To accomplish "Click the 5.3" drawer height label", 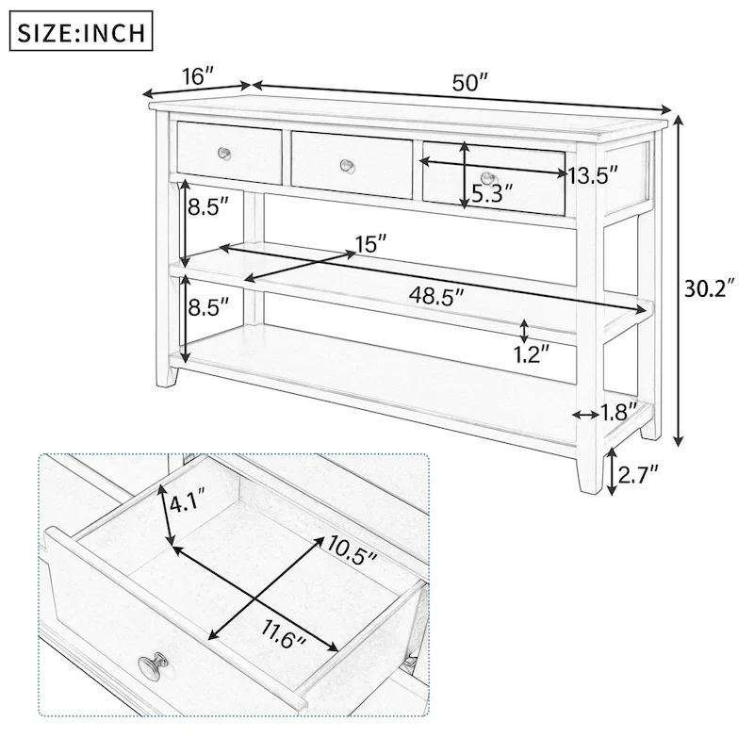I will tap(493, 194).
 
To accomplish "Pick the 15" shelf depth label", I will tap(371, 244).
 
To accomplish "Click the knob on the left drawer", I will tap(224, 153).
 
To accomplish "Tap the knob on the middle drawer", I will tap(348, 166).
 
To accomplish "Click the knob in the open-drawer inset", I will tap(151, 667).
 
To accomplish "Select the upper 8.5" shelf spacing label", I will tap(208, 207).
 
